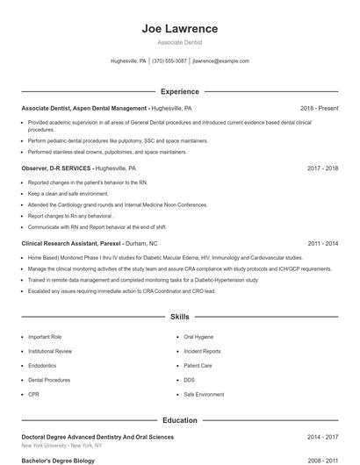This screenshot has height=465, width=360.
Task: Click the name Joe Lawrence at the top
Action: pyautogui.click(x=179, y=29)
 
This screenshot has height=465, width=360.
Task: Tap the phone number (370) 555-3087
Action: pyautogui.click(x=170, y=61)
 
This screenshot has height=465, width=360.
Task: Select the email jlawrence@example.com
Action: pyautogui.click(x=220, y=61)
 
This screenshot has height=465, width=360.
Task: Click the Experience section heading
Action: pyautogui.click(x=179, y=91)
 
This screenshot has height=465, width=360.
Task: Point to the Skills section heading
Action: pyautogui.click(x=179, y=316)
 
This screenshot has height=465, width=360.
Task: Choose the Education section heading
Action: pyautogui.click(x=179, y=420)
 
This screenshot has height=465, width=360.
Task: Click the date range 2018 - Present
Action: pyautogui.click(x=319, y=108)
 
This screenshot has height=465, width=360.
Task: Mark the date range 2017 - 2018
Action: pyautogui.click(x=322, y=168)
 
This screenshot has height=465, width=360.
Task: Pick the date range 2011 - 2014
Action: pyautogui.click(x=322, y=243)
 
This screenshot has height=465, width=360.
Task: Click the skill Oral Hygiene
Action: pyautogui.click(x=198, y=337)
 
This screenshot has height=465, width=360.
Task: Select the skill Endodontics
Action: pyautogui.click(x=42, y=366)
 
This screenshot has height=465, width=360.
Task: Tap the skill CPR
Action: pyautogui.click(x=33, y=395)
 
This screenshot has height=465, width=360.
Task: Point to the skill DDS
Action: pyautogui.click(x=189, y=380)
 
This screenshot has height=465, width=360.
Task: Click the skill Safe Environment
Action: pyautogui.click(x=204, y=395)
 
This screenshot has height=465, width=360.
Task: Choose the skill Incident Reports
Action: pyautogui.click(x=202, y=351)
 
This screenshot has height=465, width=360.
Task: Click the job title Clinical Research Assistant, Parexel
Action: pyautogui.click(x=71, y=243)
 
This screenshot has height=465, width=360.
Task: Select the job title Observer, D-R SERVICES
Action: pyautogui.click(x=56, y=168)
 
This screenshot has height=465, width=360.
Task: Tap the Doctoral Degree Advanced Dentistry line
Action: pyautogui.click(x=97, y=436)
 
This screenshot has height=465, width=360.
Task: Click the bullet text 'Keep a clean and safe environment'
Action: pyautogui.click(x=68, y=193)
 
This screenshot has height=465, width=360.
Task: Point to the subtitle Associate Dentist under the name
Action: pyautogui.click(x=179, y=42)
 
